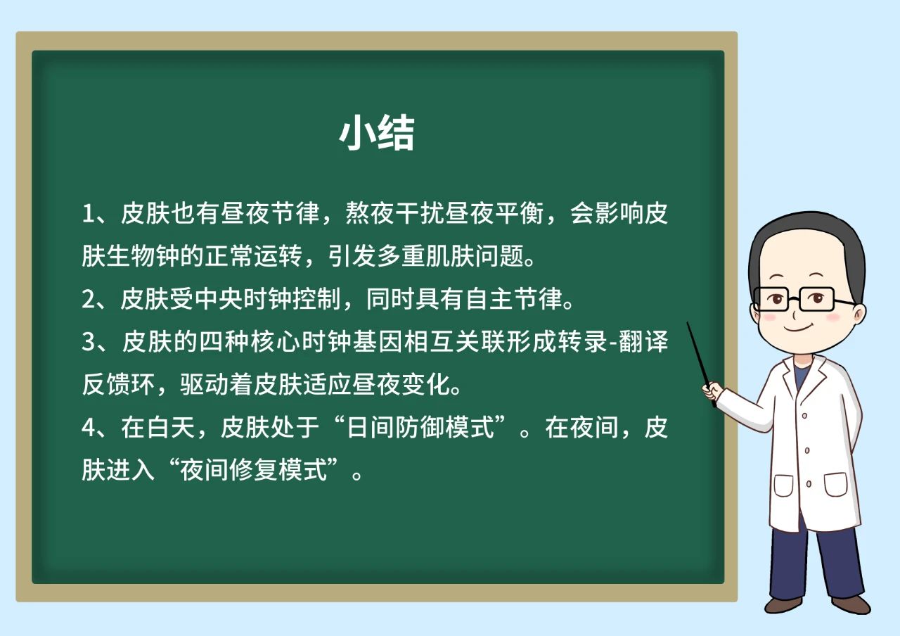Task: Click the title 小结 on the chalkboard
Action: pyautogui.click(x=376, y=132)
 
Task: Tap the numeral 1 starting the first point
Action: pyautogui.click(x=87, y=213)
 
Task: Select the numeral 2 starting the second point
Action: pyautogui.click(x=88, y=299)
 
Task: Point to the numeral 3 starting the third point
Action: pyautogui.click(x=88, y=342)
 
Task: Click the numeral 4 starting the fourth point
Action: pyautogui.click(x=88, y=427)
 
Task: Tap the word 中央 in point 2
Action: pyautogui.click(x=219, y=299)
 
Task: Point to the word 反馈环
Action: pyautogui.click(x=119, y=385)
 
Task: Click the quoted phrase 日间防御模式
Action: pyautogui.click(x=420, y=427)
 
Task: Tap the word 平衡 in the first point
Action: pyautogui.click(x=520, y=213)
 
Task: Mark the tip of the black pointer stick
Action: pyautogui.click(x=688, y=322)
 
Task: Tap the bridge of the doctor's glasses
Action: pyautogui.click(x=794, y=300)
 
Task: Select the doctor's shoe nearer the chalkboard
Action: pyautogui.click(x=783, y=604)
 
